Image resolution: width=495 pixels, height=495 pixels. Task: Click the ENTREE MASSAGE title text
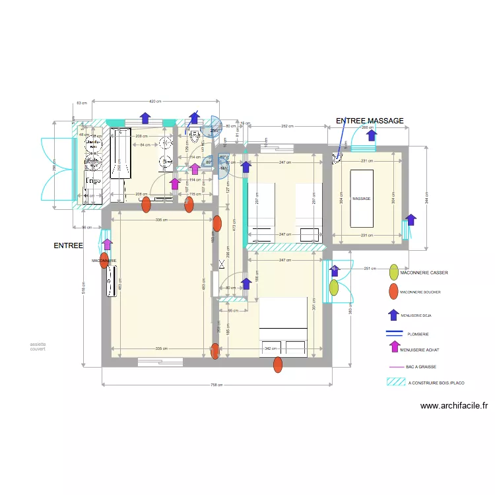[x=369, y=121]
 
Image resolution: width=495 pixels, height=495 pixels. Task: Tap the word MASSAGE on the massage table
[x=361, y=199]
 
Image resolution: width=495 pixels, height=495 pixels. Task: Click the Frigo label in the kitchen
[x=92, y=180]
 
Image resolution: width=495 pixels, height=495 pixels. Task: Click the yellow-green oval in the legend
[x=394, y=272]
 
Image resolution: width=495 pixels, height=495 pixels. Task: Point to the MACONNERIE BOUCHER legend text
[x=426, y=292]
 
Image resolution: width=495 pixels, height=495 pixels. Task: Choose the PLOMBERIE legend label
[x=418, y=335]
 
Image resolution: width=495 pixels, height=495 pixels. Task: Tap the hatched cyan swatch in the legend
[x=395, y=381]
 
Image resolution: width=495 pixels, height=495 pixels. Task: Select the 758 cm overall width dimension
[x=215, y=385]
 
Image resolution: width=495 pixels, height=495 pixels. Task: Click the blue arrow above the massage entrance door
[x=372, y=136]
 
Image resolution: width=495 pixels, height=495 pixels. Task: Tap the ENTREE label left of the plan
[x=69, y=246]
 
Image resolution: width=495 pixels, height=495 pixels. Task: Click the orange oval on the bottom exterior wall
[x=278, y=364]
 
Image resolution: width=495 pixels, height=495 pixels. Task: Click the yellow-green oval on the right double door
[x=334, y=287]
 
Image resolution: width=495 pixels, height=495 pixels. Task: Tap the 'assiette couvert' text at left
[x=38, y=347]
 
